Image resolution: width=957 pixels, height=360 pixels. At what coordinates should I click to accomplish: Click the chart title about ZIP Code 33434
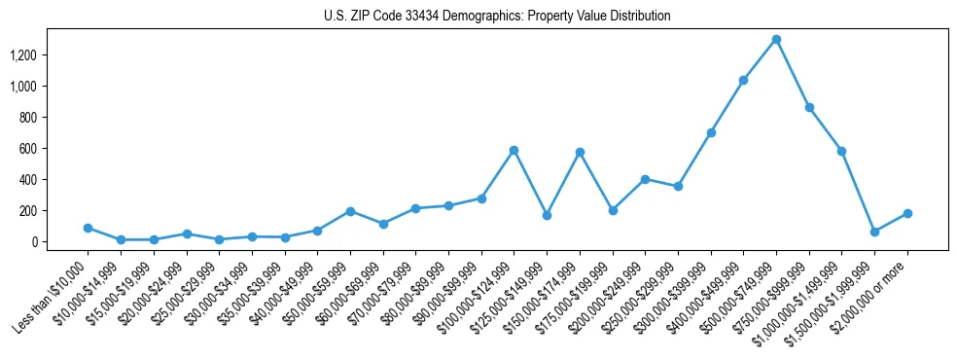(497, 16)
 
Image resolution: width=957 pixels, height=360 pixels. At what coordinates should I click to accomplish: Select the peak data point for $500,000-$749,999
(776, 40)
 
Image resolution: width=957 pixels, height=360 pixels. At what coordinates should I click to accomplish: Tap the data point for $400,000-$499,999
(743, 81)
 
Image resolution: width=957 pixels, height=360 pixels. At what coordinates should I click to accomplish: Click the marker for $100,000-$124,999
(514, 150)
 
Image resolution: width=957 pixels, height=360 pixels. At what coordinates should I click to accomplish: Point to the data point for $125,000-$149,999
(547, 215)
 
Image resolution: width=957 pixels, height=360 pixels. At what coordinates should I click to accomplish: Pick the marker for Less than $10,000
(88, 228)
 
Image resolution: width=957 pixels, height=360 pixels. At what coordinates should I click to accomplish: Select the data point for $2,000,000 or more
(907, 213)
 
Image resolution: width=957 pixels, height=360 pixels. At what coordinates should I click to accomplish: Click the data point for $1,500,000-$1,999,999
(874, 232)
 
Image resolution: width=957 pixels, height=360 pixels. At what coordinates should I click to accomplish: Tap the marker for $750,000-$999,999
(809, 107)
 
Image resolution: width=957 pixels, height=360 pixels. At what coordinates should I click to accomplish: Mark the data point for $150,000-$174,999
(580, 152)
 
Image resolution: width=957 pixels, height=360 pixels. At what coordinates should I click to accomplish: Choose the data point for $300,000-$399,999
(711, 132)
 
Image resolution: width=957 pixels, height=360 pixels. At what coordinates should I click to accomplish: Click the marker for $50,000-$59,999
(350, 211)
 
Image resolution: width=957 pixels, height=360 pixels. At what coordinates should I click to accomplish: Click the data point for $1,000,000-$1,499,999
(841, 152)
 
